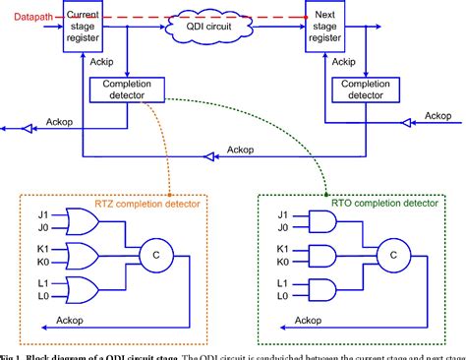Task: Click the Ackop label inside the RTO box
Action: [x=308, y=320]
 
